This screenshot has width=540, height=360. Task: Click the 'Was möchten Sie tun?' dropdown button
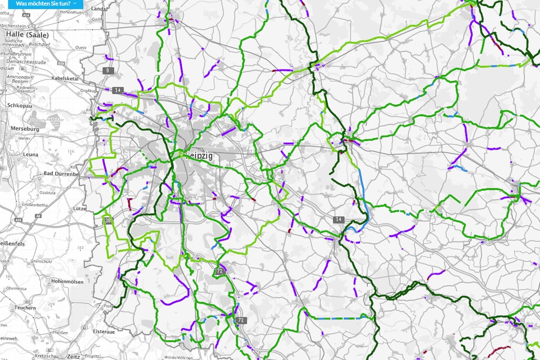pos(46,3)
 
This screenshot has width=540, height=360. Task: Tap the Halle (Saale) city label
pos(28,33)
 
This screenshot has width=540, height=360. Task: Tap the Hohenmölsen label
pos(66,281)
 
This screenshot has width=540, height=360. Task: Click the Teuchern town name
pos(25,307)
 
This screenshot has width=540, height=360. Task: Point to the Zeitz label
pos(73,356)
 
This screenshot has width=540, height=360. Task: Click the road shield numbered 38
pos(108,220)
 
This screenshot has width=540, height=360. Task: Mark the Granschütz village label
pos(41,261)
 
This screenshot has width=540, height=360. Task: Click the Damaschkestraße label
pos(24,62)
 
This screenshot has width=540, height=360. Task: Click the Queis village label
pos(81,47)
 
